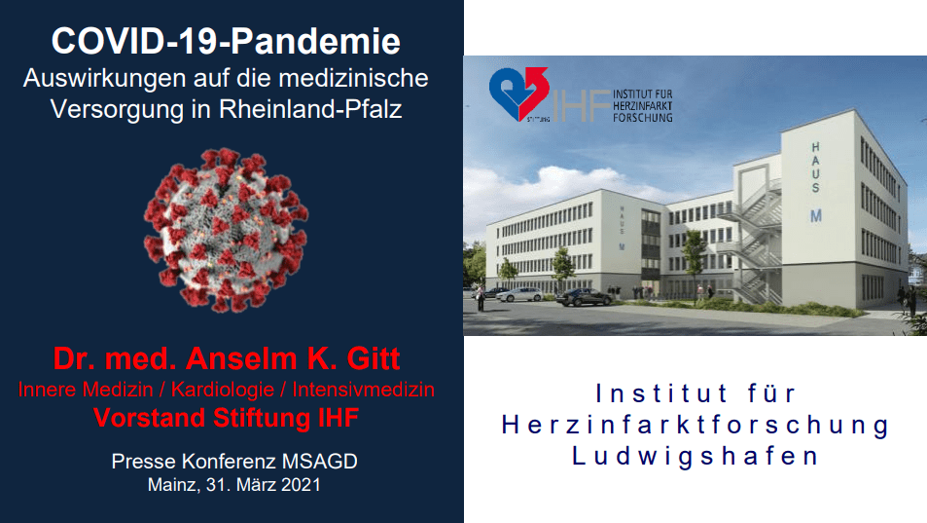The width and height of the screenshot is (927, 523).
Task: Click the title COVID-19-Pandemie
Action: click(226, 42)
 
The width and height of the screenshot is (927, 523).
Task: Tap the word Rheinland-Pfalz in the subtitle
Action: click(310, 109)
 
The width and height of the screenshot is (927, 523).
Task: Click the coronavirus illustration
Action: click(226, 230)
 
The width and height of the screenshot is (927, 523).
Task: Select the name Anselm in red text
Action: click(242, 358)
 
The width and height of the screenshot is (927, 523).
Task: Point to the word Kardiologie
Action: click(223, 390)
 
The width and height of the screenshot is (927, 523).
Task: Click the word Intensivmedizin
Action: click(364, 390)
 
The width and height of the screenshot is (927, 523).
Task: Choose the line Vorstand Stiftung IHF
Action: click(226, 418)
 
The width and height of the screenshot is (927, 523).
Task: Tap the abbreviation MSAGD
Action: click(320, 461)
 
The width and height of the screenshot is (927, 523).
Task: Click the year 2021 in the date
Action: click(301, 485)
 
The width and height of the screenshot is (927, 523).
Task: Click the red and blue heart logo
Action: click(518, 93)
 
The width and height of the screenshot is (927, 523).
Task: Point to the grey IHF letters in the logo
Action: click(580, 106)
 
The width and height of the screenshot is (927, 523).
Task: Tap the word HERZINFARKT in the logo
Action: click(643, 105)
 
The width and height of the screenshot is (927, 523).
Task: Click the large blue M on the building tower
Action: click(816, 216)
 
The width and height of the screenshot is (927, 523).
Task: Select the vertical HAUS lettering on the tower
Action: click(816, 168)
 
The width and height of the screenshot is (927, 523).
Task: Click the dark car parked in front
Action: click(584, 297)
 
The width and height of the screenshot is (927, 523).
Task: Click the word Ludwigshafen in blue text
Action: click(695, 456)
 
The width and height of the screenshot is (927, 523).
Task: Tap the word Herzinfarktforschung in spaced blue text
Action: click(695, 425)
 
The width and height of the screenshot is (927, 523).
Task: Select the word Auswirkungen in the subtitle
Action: click(104, 79)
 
